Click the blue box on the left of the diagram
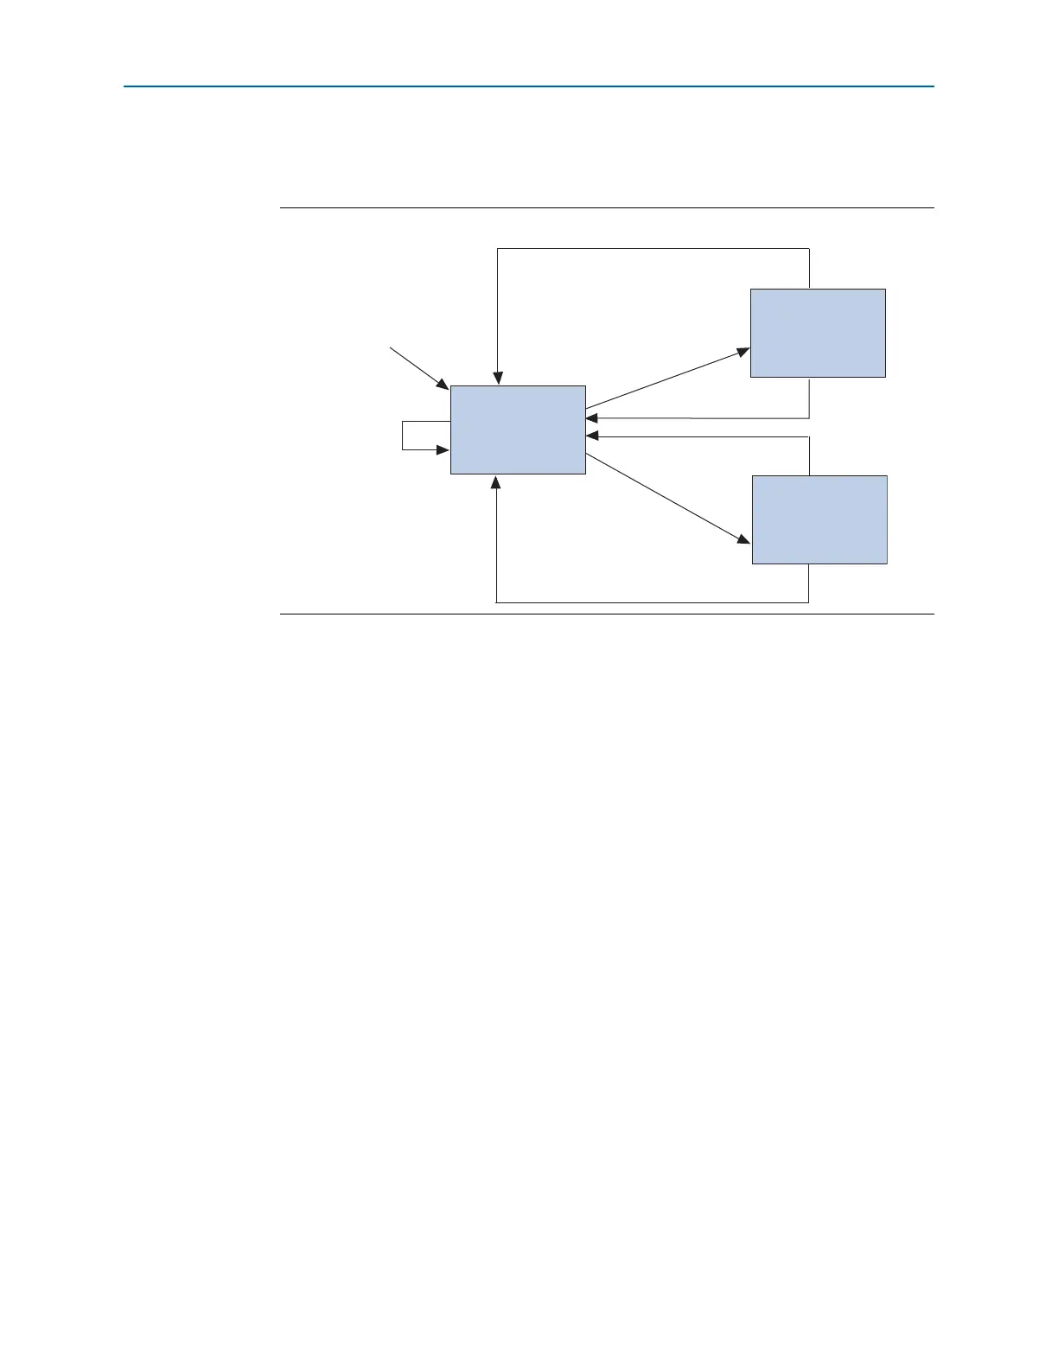pyautogui.click(x=518, y=430)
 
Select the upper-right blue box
pyautogui.click(x=818, y=333)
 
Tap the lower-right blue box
pyautogui.click(x=819, y=519)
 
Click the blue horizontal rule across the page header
pyautogui.click(x=528, y=86)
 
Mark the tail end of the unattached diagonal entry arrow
pyautogui.click(x=391, y=348)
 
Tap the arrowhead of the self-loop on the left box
pyautogui.click(x=443, y=450)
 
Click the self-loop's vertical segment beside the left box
pyautogui.click(x=403, y=436)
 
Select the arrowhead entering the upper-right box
pyautogui.click(x=744, y=352)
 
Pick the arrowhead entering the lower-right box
pyautogui.click(x=744, y=540)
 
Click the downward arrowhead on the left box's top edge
pyautogui.click(x=497, y=379)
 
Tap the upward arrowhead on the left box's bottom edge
pyautogui.click(x=496, y=481)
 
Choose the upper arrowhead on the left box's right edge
pyautogui.click(x=591, y=418)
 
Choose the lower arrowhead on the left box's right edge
pyautogui.click(x=591, y=437)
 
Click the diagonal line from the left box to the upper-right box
pyautogui.click(x=666, y=379)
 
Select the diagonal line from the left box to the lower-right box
pyautogui.click(x=666, y=498)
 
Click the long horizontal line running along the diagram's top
pyautogui.click(x=653, y=249)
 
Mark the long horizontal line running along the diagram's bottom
pyautogui.click(x=653, y=602)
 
